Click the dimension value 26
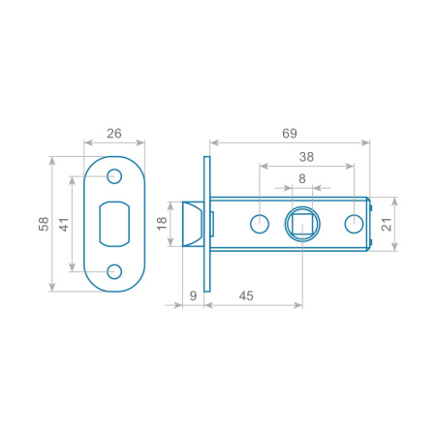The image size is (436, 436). (x=114, y=134)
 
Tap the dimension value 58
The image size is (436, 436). (x=44, y=224)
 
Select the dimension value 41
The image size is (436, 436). (x=64, y=224)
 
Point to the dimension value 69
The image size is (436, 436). (x=290, y=134)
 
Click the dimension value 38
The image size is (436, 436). (x=306, y=157)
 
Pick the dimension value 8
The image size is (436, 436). (x=302, y=178)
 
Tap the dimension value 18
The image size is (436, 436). (x=162, y=224)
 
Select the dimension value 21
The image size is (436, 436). (x=387, y=224)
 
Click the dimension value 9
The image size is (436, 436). (x=193, y=296)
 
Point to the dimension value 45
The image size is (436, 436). (x=246, y=296)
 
